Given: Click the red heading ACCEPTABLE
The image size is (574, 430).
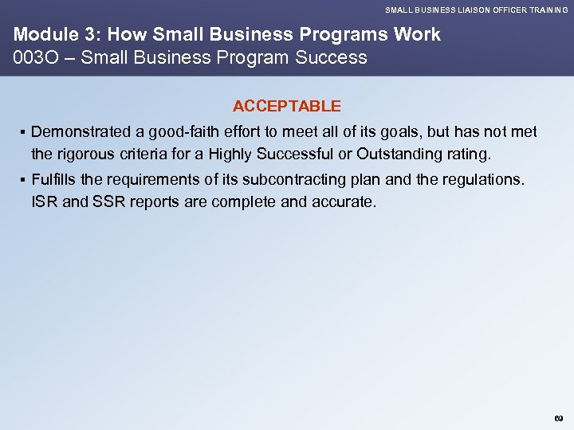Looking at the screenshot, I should (x=286, y=106).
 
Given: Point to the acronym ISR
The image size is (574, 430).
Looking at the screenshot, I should (x=45, y=201).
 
